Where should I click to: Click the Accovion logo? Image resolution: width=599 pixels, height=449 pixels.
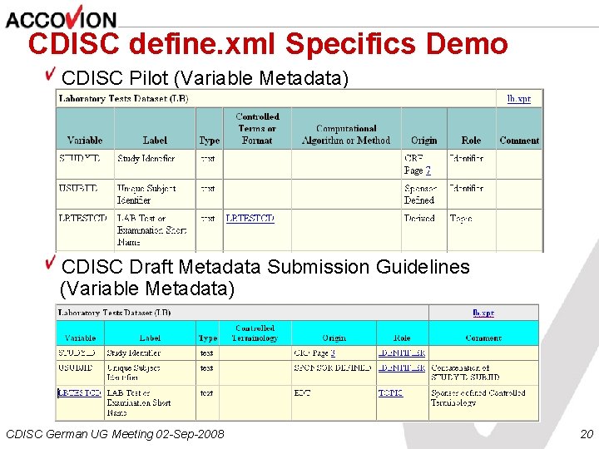click(61, 17)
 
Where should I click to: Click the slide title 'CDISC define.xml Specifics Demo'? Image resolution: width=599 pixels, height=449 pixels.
click(267, 43)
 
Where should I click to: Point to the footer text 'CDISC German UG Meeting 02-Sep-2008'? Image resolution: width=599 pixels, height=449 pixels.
click(115, 434)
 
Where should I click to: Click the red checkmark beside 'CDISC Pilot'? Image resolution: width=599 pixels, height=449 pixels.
click(52, 75)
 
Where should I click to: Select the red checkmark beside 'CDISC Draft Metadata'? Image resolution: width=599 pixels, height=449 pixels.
click(52, 264)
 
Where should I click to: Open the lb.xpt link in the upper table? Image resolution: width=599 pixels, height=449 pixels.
click(519, 98)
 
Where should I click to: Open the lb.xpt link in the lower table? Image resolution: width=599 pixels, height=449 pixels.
click(483, 313)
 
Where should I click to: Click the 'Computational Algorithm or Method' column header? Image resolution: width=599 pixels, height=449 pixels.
click(345, 135)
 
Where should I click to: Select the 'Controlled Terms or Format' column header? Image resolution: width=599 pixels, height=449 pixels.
click(257, 129)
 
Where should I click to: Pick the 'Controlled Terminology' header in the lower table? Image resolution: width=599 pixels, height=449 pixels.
click(255, 333)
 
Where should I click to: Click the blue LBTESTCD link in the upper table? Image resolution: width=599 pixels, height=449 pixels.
click(250, 219)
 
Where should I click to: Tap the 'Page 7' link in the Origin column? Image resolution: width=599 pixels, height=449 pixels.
click(417, 170)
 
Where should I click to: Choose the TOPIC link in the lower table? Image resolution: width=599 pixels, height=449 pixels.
click(390, 393)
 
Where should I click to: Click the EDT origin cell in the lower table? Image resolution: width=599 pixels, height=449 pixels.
click(302, 393)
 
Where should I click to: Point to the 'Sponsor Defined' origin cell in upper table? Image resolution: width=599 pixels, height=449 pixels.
click(419, 195)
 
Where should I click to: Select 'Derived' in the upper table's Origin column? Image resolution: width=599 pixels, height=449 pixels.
click(419, 219)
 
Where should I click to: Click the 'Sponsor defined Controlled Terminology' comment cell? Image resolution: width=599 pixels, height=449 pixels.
click(478, 397)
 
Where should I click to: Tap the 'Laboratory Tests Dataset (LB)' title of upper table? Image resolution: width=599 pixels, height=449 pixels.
click(123, 98)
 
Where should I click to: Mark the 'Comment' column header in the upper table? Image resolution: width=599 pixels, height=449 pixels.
click(519, 141)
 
